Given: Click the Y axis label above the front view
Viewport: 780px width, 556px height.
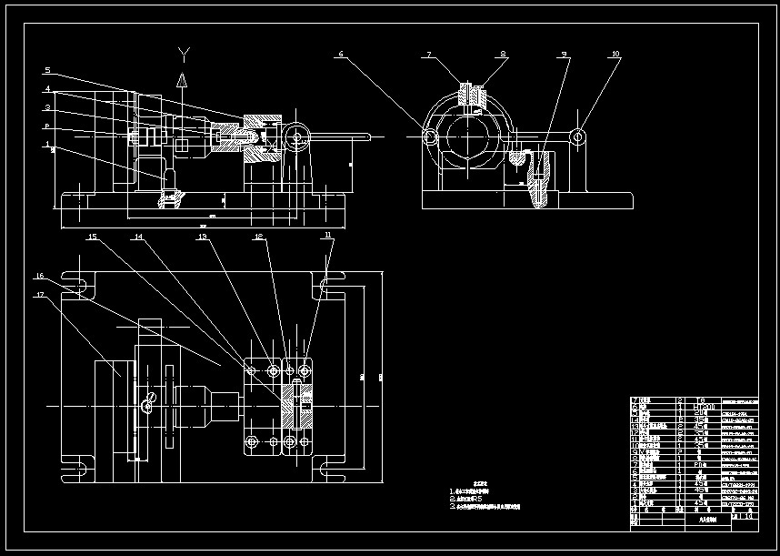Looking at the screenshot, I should pos(184,52).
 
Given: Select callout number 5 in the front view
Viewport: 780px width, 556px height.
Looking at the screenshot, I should pos(47,70).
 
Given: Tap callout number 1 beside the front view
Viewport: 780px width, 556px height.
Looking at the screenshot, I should pos(47,144).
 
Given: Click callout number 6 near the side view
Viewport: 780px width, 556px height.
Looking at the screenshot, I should pos(341,55).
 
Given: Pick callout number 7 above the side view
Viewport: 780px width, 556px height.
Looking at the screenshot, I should pos(429,55).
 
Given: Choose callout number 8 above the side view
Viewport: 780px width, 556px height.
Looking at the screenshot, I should pos(501,55).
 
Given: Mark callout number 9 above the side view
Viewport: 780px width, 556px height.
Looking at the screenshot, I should pos(565,55).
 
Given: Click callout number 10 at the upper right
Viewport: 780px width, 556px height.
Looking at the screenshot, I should pos(615,55).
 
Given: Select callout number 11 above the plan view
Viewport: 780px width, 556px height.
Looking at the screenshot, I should pos(327,236).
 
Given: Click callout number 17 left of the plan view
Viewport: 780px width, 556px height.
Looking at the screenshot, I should pos(40,295).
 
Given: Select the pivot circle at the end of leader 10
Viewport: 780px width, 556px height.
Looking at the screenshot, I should pos(577,136).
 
